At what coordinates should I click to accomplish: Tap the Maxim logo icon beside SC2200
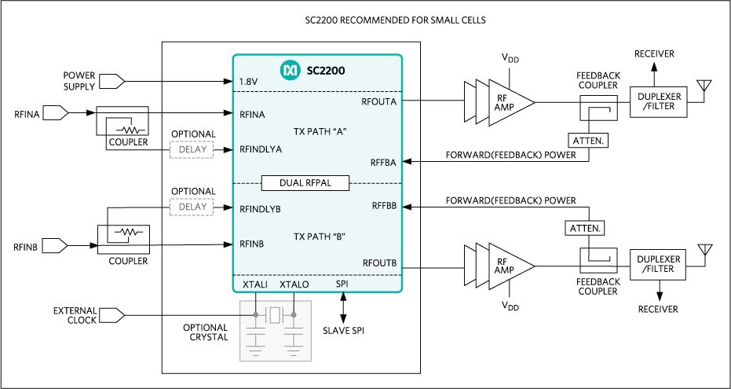pos(290,71)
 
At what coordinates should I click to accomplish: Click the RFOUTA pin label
pos(378,101)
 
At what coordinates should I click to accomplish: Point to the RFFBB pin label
pos(382,207)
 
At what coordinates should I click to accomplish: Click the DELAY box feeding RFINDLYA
pos(192,149)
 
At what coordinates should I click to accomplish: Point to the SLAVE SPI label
pos(343,330)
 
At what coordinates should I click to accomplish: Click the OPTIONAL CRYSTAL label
pos(205,332)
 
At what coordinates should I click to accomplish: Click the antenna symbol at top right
pos(705,85)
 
